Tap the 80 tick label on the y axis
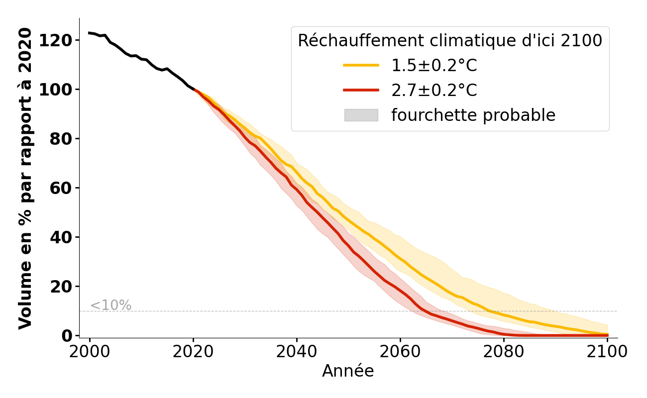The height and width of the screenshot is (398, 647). (61, 139)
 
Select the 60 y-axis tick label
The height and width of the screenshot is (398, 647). (61, 188)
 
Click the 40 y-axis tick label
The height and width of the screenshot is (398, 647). (61, 237)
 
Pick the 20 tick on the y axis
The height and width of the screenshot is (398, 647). (61, 287)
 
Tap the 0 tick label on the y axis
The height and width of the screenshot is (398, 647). (67, 336)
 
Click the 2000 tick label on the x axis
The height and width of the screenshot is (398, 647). (90, 352)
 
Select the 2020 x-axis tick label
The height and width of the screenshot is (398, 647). (193, 352)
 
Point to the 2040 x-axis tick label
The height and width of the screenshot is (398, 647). (297, 352)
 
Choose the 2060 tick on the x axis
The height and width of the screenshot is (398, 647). (400, 352)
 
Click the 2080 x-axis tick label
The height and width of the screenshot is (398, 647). (504, 352)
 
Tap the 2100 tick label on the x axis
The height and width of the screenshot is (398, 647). (607, 352)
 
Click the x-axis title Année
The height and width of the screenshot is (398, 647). (348, 371)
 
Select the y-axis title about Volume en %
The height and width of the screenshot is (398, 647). (25, 178)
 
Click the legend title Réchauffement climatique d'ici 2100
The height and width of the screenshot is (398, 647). (450, 41)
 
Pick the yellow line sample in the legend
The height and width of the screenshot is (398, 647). (361, 66)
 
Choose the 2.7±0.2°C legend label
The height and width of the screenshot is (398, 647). (434, 91)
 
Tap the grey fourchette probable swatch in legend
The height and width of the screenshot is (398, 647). (361, 115)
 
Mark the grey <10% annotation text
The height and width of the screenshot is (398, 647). (110, 305)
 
